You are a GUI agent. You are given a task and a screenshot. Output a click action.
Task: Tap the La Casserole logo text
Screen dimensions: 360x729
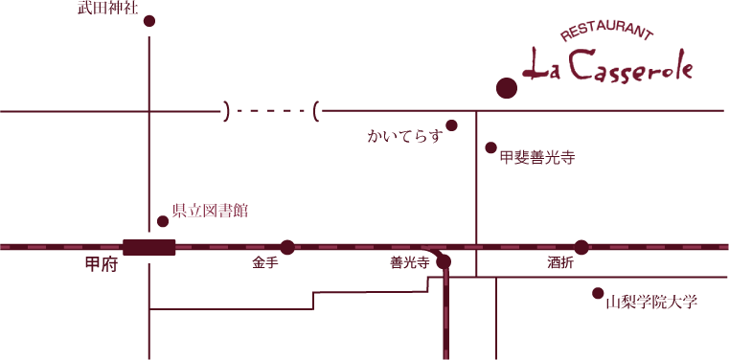(x=607, y=66)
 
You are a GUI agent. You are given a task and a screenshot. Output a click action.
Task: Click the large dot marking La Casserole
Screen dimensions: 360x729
(x=507, y=88)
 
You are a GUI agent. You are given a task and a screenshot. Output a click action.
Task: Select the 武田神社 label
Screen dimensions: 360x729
(x=108, y=9)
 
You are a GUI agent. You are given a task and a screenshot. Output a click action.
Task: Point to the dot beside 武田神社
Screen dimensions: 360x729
(x=148, y=21)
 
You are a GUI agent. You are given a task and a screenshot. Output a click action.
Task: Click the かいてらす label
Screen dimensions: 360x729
(x=404, y=136)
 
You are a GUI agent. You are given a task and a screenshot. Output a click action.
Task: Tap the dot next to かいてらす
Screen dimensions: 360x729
(x=452, y=125)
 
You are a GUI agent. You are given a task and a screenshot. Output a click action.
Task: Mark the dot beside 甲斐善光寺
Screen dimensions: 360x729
(x=491, y=148)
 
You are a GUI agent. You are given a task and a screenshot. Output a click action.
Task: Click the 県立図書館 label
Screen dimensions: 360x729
(x=210, y=211)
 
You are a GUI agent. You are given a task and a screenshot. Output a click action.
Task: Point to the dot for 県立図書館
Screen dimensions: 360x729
(x=163, y=221)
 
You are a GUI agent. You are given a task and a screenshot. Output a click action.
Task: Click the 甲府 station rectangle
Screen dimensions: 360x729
(x=149, y=247)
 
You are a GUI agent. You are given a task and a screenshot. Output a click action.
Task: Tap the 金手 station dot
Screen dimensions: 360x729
(x=287, y=247)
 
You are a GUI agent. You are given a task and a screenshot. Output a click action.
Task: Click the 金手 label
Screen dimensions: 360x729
(x=265, y=262)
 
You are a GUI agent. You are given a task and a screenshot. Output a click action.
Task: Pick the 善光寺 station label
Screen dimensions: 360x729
(x=409, y=262)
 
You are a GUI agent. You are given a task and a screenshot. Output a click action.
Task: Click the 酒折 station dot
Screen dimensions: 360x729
(x=581, y=247)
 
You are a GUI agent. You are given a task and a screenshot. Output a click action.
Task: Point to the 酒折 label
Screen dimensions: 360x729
(x=560, y=262)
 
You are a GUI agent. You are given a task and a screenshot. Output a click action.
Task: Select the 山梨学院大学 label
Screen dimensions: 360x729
(x=651, y=303)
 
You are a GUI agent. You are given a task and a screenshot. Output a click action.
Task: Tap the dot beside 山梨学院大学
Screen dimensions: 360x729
(x=598, y=293)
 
